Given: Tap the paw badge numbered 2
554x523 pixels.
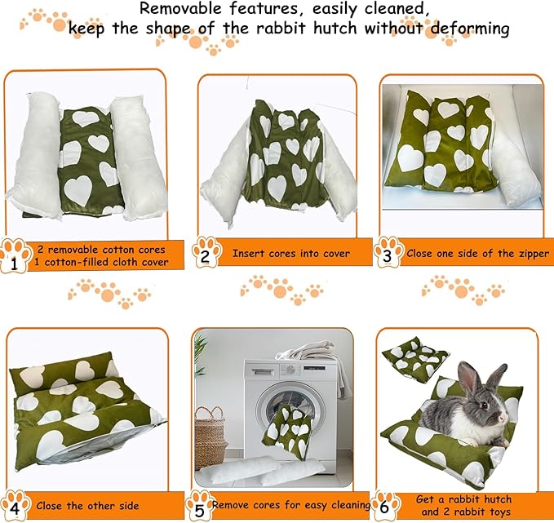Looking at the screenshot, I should click(206, 253).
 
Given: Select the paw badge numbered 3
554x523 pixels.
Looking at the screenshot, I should click(388, 253).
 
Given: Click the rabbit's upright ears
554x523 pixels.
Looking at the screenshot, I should click(470, 376).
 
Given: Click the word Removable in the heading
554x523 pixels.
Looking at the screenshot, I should click(179, 9).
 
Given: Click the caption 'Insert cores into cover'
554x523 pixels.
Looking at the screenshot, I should click(290, 253).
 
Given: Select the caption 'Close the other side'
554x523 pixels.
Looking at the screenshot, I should click(87, 506).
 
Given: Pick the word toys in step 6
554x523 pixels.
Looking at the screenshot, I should click(505, 512).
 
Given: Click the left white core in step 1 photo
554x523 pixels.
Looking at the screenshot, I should click(34, 155).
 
